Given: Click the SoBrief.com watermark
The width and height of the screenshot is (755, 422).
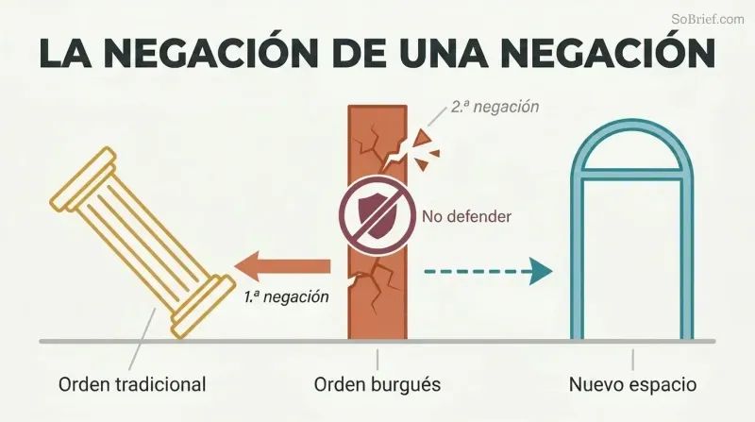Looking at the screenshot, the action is [707, 19].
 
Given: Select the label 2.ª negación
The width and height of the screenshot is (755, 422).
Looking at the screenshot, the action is [495, 107].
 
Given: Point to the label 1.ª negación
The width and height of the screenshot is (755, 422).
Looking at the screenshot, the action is [287, 296].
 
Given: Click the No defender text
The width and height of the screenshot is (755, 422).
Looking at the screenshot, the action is [466, 217].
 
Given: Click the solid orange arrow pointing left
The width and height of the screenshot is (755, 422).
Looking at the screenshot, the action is [282, 266].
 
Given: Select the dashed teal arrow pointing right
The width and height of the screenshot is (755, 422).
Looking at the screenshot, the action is [488, 271].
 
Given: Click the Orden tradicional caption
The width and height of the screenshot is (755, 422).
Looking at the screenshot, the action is [132, 385].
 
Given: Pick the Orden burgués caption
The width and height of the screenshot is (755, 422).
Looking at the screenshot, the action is [377, 385].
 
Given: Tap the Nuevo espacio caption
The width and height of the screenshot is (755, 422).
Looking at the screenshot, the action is [632, 385].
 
